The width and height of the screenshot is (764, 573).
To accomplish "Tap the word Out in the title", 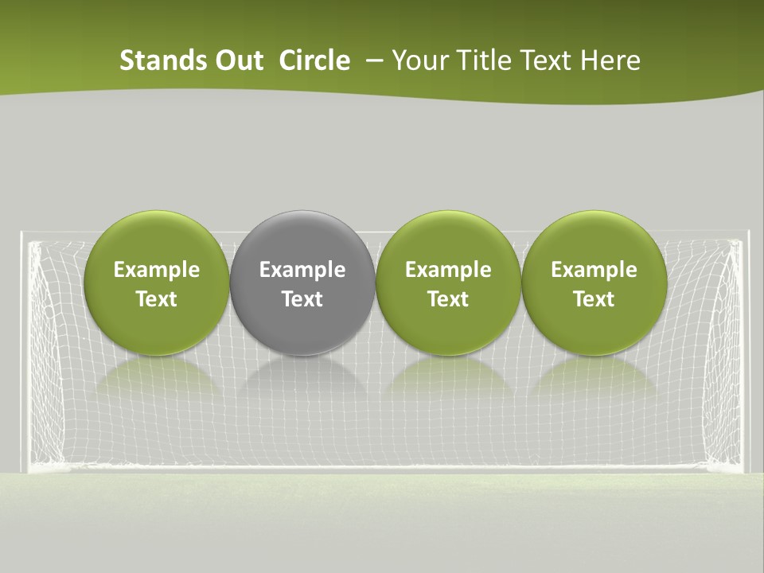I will click(236, 60).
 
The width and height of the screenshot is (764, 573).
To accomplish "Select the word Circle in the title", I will click(314, 60).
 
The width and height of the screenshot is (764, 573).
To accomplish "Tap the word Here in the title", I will click(613, 60).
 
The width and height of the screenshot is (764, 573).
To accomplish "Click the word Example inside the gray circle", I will click(302, 270).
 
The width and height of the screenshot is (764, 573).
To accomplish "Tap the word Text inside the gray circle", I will click(302, 299).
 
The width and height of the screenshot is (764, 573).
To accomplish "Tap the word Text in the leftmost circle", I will click(157, 299).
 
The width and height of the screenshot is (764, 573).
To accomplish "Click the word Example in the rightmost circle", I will click(594, 270).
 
